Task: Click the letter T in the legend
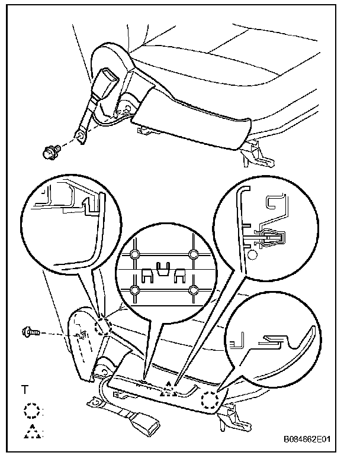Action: click(x=25, y=390)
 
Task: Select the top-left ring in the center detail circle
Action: click(x=135, y=255)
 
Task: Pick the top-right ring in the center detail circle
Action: click(x=192, y=255)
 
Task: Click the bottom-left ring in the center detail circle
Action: click(x=135, y=290)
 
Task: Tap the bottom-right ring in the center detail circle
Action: click(x=192, y=290)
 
